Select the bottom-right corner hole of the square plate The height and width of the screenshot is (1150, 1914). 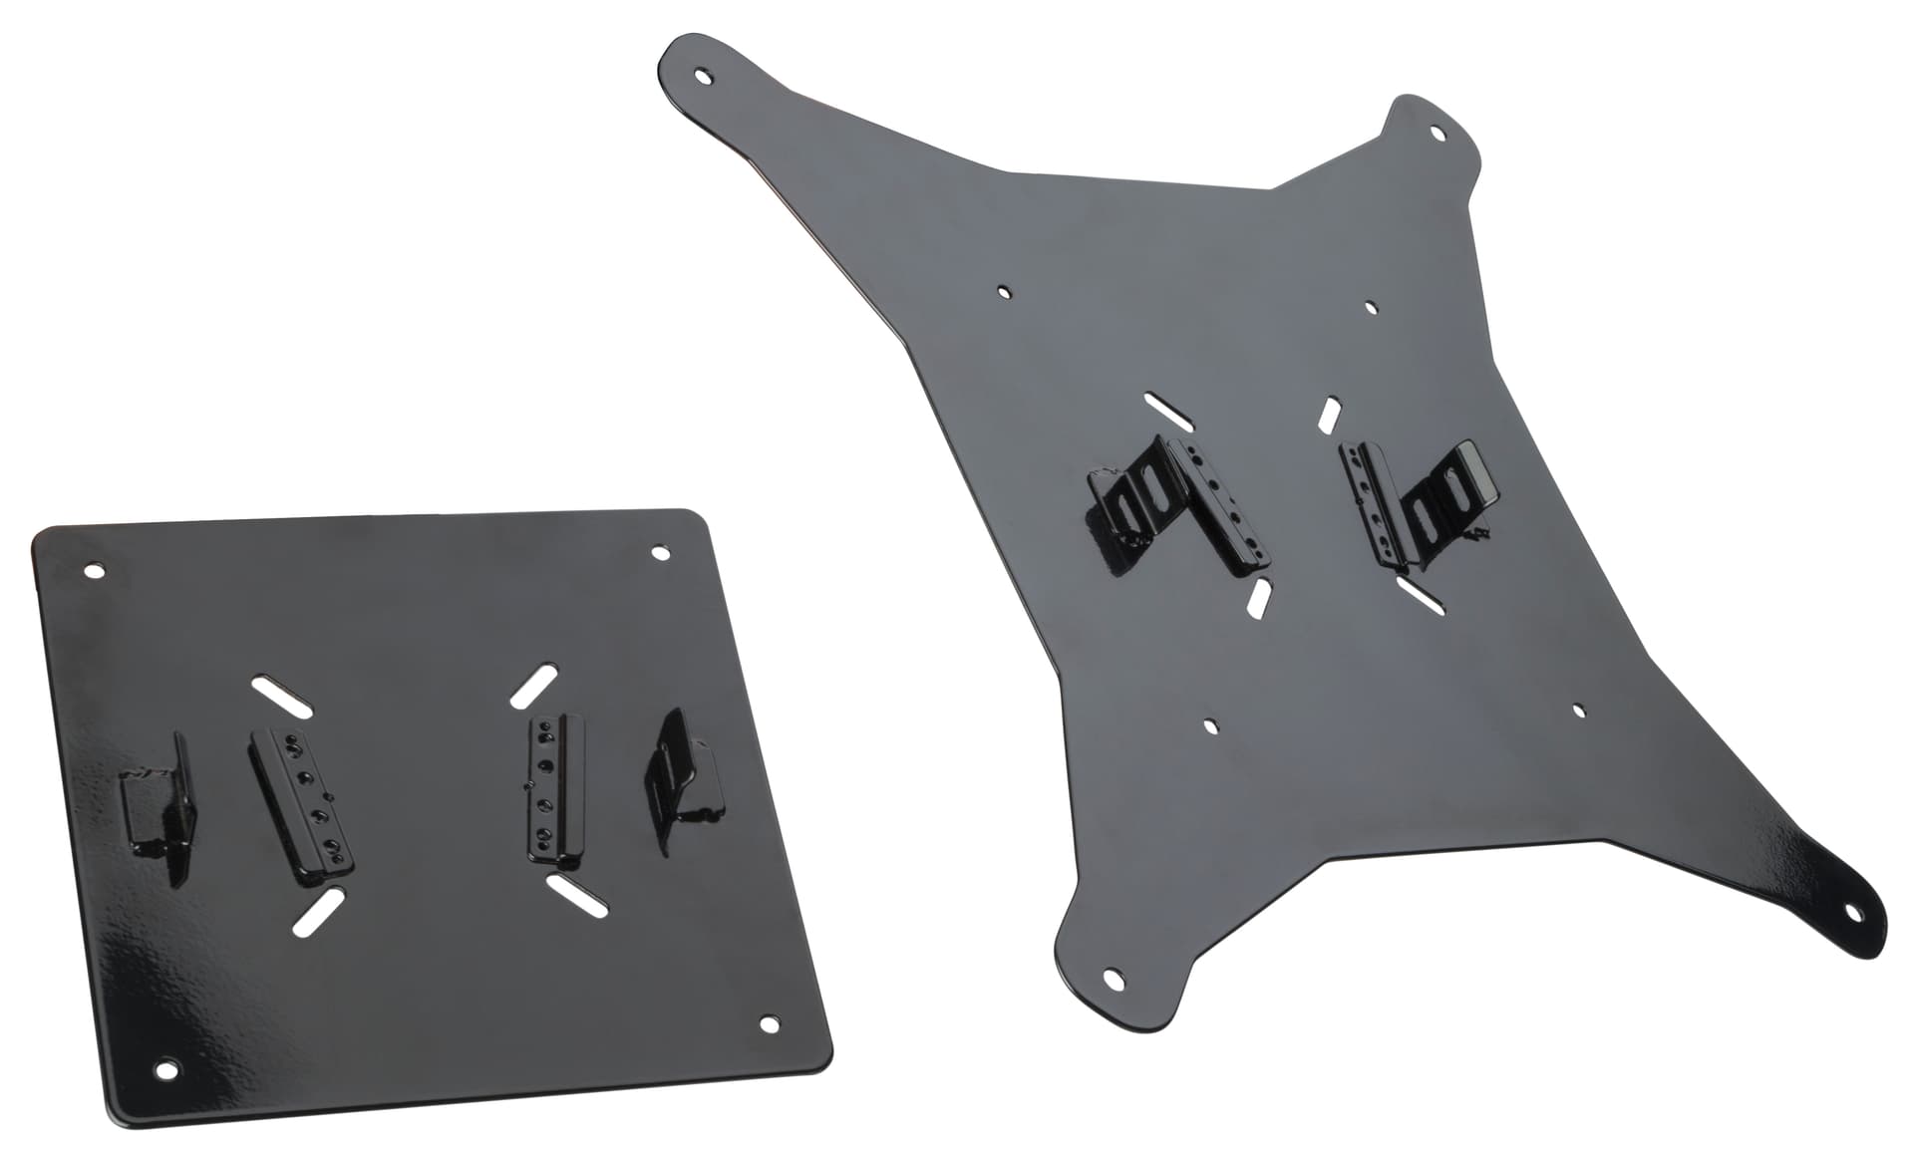pyautogui.click(x=769, y=1024)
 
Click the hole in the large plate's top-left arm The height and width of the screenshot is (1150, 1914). pyautogui.click(x=706, y=75)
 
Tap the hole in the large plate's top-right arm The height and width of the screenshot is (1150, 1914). pyautogui.click(x=1437, y=132)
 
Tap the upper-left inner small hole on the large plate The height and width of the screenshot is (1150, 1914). pyautogui.click(x=1004, y=292)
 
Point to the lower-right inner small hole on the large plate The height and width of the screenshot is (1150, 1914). pyautogui.click(x=1578, y=711)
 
